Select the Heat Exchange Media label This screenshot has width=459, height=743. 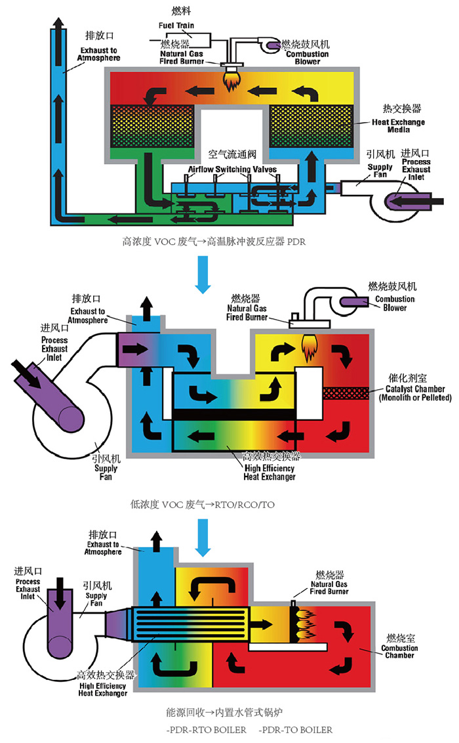click(398, 127)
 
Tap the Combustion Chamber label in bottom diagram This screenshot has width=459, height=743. click(402, 651)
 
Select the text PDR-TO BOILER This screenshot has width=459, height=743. click(295, 729)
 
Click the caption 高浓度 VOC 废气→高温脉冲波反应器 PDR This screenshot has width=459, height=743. click(214, 241)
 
